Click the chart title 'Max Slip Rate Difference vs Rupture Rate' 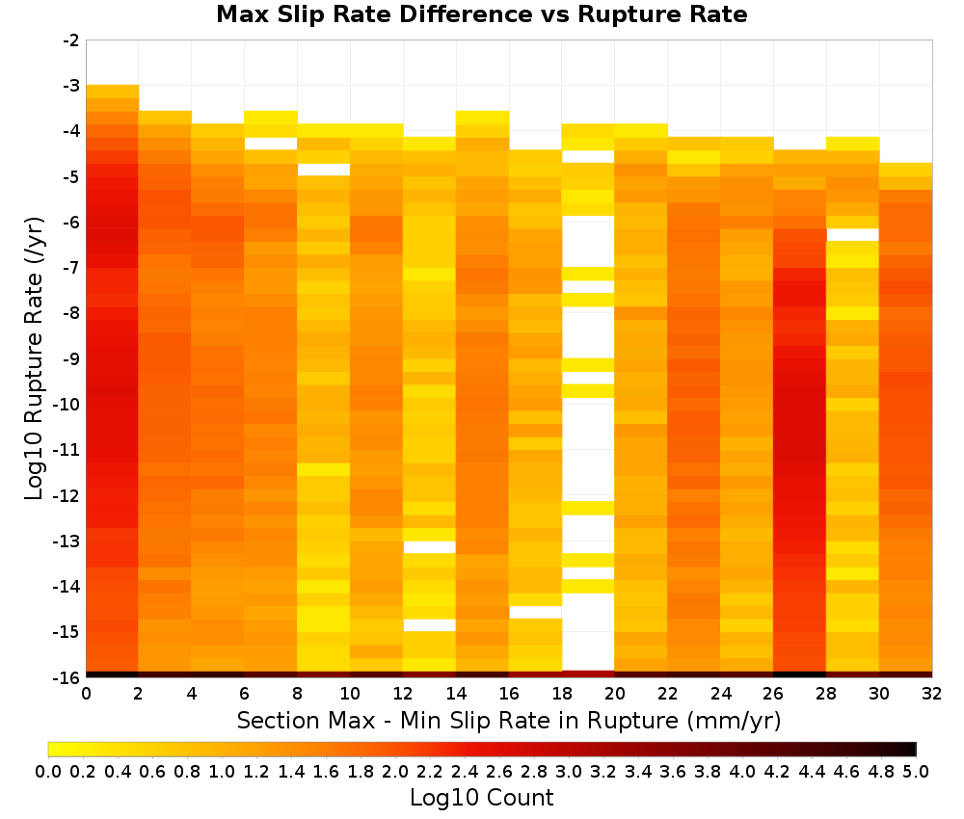(481, 14)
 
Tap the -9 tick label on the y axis (71, 358)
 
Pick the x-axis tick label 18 (562, 694)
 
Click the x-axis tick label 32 (932, 694)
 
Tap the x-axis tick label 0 (86, 694)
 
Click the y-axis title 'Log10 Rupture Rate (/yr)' (34, 358)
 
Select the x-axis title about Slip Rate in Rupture (509, 720)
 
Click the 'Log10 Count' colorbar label (481, 798)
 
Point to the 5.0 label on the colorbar (916, 771)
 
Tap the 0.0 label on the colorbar (48, 771)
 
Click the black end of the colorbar (910, 749)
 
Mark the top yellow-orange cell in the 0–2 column (113, 92)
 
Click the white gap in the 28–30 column (853, 235)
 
